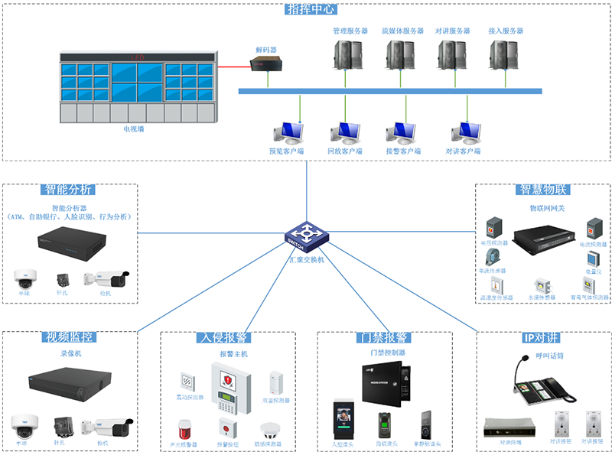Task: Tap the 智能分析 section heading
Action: (x=70, y=190)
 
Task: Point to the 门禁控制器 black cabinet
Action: (x=385, y=382)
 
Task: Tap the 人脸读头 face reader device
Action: (x=342, y=423)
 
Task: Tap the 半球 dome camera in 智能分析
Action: (x=24, y=278)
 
